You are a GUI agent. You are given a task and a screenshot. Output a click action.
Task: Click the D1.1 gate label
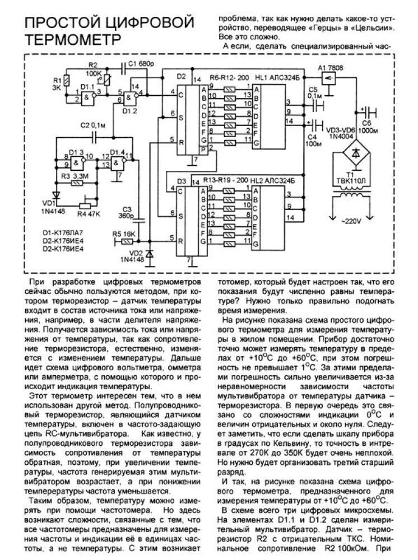point(87,87)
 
